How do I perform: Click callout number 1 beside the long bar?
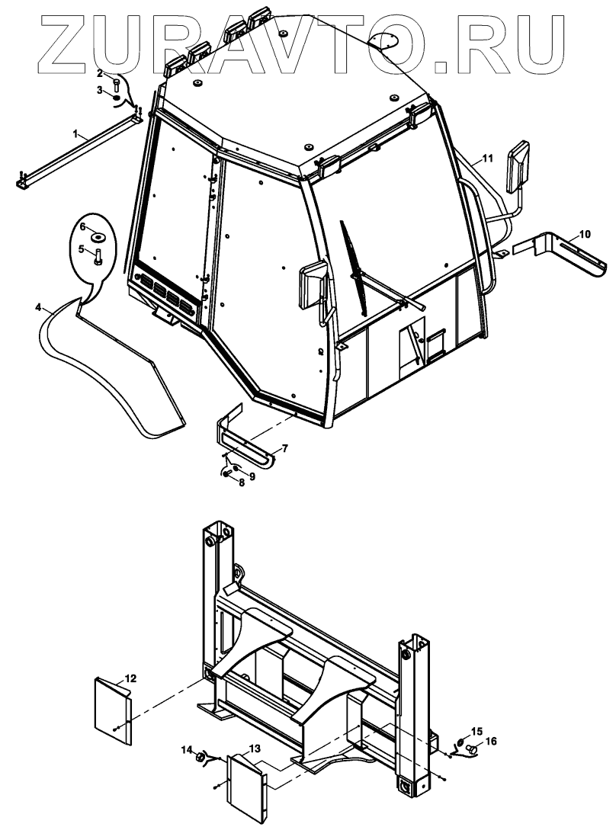[76, 133]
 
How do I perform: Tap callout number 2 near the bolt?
[99, 73]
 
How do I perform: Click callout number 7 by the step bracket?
[284, 449]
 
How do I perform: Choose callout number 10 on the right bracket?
[584, 234]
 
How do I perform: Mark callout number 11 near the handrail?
[487, 159]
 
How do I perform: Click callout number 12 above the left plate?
[130, 678]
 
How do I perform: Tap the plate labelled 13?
[244, 787]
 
